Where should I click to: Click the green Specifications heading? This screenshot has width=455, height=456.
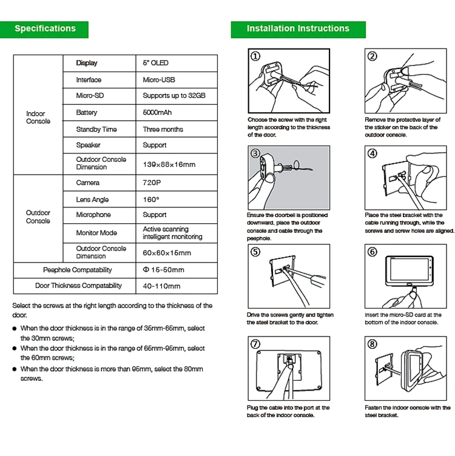[x=45, y=29]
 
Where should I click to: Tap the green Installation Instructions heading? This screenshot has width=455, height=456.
[x=298, y=29]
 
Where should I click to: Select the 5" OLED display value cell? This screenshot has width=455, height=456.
[x=156, y=63]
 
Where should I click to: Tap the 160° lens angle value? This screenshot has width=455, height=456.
[x=151, y=199]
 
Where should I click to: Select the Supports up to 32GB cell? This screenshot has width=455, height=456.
[x=174, y=96]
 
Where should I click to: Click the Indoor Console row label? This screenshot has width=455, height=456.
[x=38, y=118]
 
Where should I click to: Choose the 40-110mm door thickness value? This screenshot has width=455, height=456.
[x=161, y=286]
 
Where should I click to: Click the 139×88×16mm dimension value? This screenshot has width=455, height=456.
[x=169, y=164]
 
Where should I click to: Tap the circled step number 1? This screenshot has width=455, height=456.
[x=255, y=56]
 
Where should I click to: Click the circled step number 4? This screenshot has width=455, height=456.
[x=372, y=153]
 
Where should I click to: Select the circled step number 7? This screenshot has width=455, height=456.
[x=255, y=344]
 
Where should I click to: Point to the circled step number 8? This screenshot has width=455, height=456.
[x=372, y=344]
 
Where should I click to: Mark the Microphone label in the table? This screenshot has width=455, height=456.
[x=93, y=215]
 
